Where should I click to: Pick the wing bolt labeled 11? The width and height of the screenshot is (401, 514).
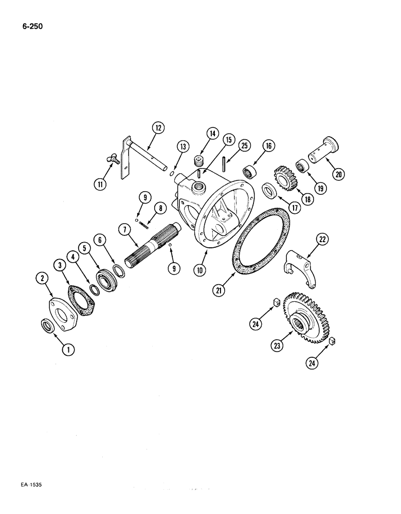coord(114,160)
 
